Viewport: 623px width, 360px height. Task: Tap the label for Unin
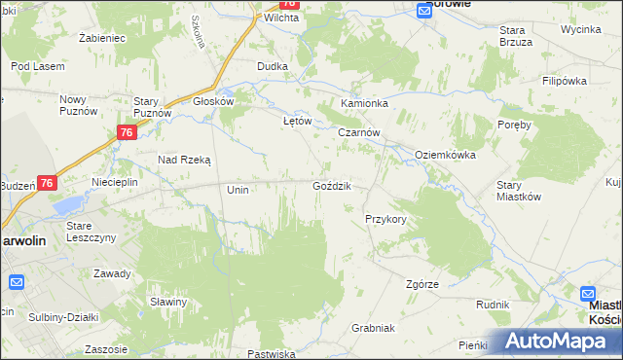[x=238, y=190]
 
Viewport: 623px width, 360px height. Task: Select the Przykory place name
[x=385, y=219]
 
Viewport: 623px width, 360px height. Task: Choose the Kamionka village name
[x=364, y=102]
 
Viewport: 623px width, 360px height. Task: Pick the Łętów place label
[x=296, y=121]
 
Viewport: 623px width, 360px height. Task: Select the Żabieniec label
[x=103, y=37]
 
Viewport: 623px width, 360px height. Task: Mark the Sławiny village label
[x=168, y=302]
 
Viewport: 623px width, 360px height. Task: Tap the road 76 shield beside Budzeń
[x=49, y=182]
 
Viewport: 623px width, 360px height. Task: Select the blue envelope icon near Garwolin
[x=17, y=282]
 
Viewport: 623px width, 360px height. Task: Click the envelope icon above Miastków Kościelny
[x=588, y=293]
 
